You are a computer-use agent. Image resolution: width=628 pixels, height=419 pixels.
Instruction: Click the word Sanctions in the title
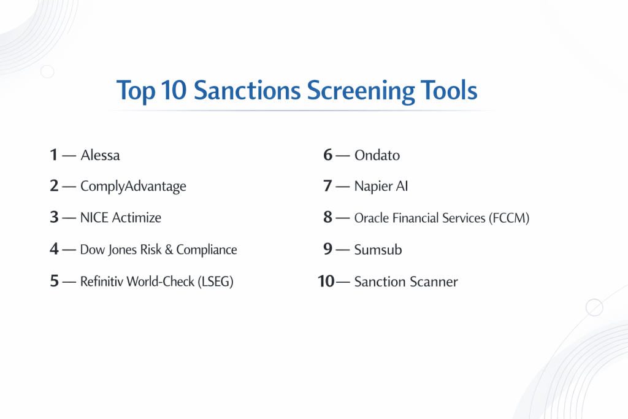[247, 90]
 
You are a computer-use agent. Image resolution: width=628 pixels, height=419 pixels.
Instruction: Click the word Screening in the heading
[361, 92]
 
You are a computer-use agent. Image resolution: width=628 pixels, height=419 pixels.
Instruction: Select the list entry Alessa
[100, 155]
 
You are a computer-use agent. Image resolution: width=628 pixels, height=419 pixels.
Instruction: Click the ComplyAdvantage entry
[133, 186]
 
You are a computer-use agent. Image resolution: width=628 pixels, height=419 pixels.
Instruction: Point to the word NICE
[94, 218]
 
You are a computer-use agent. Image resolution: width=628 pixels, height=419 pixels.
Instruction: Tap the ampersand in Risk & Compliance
[169, 250]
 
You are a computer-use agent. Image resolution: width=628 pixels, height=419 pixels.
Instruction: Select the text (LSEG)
[215, 282]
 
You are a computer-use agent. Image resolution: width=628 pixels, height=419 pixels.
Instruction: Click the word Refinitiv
[102, 281]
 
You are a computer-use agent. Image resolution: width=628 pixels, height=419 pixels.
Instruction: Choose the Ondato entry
[377, 155]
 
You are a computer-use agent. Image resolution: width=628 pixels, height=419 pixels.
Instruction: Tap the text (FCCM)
[509, 218]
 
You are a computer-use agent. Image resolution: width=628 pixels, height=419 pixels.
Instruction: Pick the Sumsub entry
[378, 250]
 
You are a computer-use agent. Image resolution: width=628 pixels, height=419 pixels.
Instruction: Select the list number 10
[326, 281]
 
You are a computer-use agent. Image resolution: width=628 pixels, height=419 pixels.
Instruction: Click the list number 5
[54, 281]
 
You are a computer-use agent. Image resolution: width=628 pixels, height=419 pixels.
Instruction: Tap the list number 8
[328, 217]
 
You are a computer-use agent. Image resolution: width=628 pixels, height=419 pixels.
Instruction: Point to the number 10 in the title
[174, 90]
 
